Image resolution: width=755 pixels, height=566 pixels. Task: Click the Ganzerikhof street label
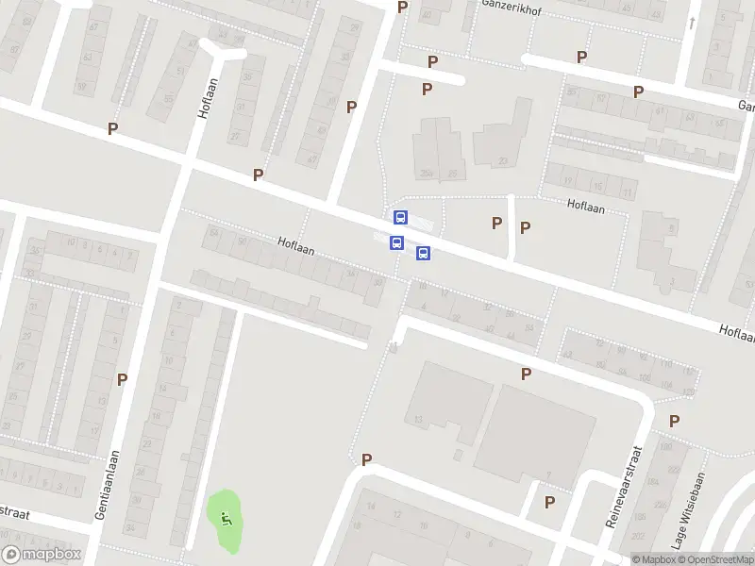click(x=510, y=5)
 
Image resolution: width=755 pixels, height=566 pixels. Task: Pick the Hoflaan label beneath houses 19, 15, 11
click(x=586, y=205)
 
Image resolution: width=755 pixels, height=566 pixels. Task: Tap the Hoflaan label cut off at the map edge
click(x=736, y=332)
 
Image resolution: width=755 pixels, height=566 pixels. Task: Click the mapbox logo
click(x=42, y=555)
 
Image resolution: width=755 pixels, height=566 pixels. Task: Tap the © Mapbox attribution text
click(x=653, y=559)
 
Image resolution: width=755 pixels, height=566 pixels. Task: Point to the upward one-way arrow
click(x=693, y=23)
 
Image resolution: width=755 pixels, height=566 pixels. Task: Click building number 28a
click(x=427, y=173)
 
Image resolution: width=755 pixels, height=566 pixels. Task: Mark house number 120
click(x=688, y=391)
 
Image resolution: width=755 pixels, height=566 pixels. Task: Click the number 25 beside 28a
click(x=453, y=173)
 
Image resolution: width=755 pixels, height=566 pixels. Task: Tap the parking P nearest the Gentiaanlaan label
click(x=122, y=379)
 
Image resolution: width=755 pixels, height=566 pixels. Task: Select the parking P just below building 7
click(x=549, y=502)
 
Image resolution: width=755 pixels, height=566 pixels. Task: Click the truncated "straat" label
click(x=15, y=513)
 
